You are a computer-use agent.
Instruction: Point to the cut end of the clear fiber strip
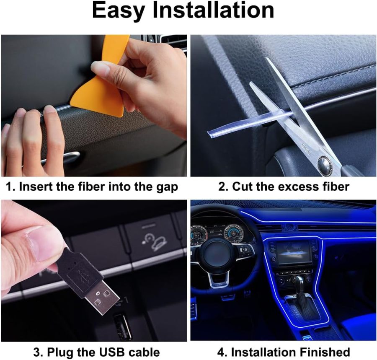click(209, 134)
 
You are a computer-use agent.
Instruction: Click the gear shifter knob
click(298, 281)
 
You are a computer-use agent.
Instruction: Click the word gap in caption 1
click(165, 186)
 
